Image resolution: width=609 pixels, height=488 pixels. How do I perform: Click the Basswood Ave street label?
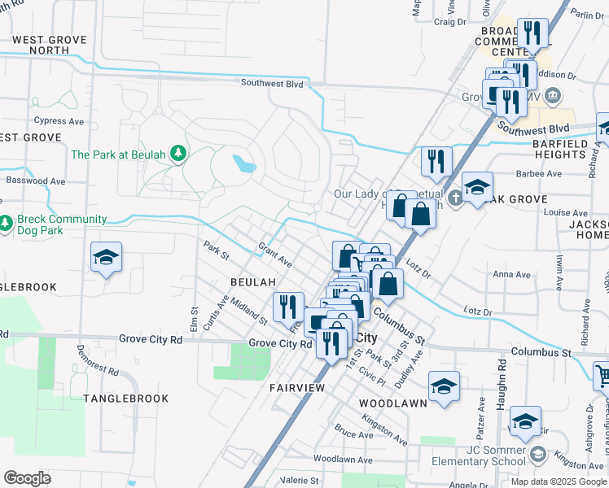(x=36, y=181)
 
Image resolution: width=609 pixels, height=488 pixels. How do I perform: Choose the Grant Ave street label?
(x=274, y=252)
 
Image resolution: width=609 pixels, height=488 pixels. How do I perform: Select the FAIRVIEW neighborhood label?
(x=297, y=388)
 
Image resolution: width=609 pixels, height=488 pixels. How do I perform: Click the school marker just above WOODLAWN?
(x=445, y=386)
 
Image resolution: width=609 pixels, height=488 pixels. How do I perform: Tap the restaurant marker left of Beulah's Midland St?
(x=288, y=307)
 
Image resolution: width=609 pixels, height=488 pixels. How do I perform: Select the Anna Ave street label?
(x=511, y=275)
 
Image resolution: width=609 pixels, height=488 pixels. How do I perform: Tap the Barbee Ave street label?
(x=539, y=173)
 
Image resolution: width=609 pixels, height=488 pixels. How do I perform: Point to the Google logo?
(x=27, y=478)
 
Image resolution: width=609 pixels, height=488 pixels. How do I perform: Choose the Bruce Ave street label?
(x=353, y=434)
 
